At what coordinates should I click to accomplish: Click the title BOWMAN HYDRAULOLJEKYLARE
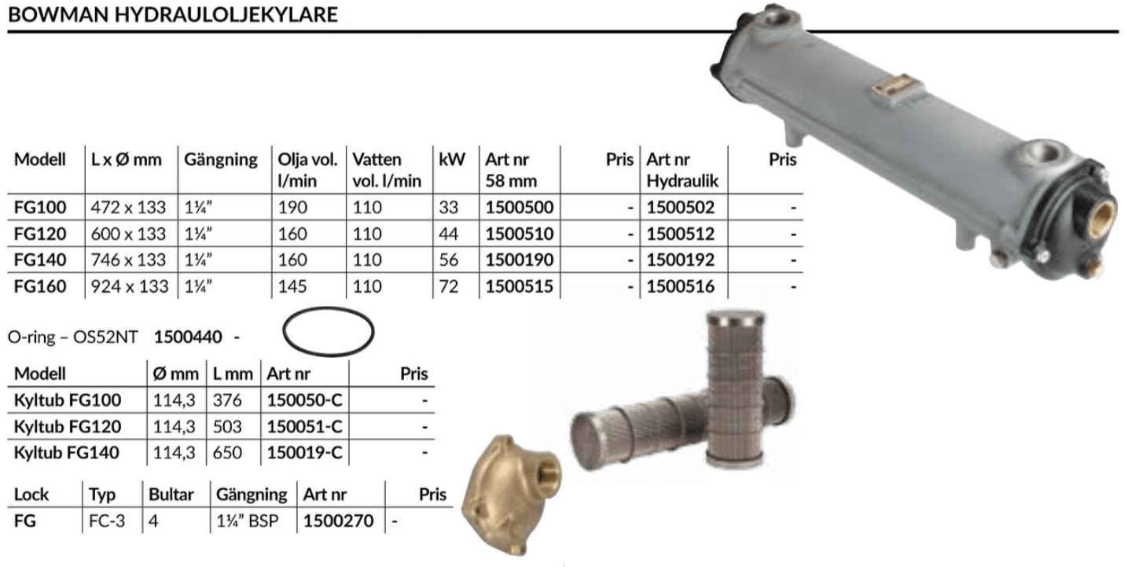coord(173,14)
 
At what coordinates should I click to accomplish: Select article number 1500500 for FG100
coord(519,207)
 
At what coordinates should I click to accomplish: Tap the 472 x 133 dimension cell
coord(128,207)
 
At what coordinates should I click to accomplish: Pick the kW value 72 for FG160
coord(449,286)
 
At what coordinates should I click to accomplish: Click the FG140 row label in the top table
coord(40,260)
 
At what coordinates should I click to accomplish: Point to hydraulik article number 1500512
coord(681,234)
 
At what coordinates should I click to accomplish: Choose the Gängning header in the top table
coord(221,160)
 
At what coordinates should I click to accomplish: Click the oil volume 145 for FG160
coord(292,286)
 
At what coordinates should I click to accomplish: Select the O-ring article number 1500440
coord(188,337)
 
